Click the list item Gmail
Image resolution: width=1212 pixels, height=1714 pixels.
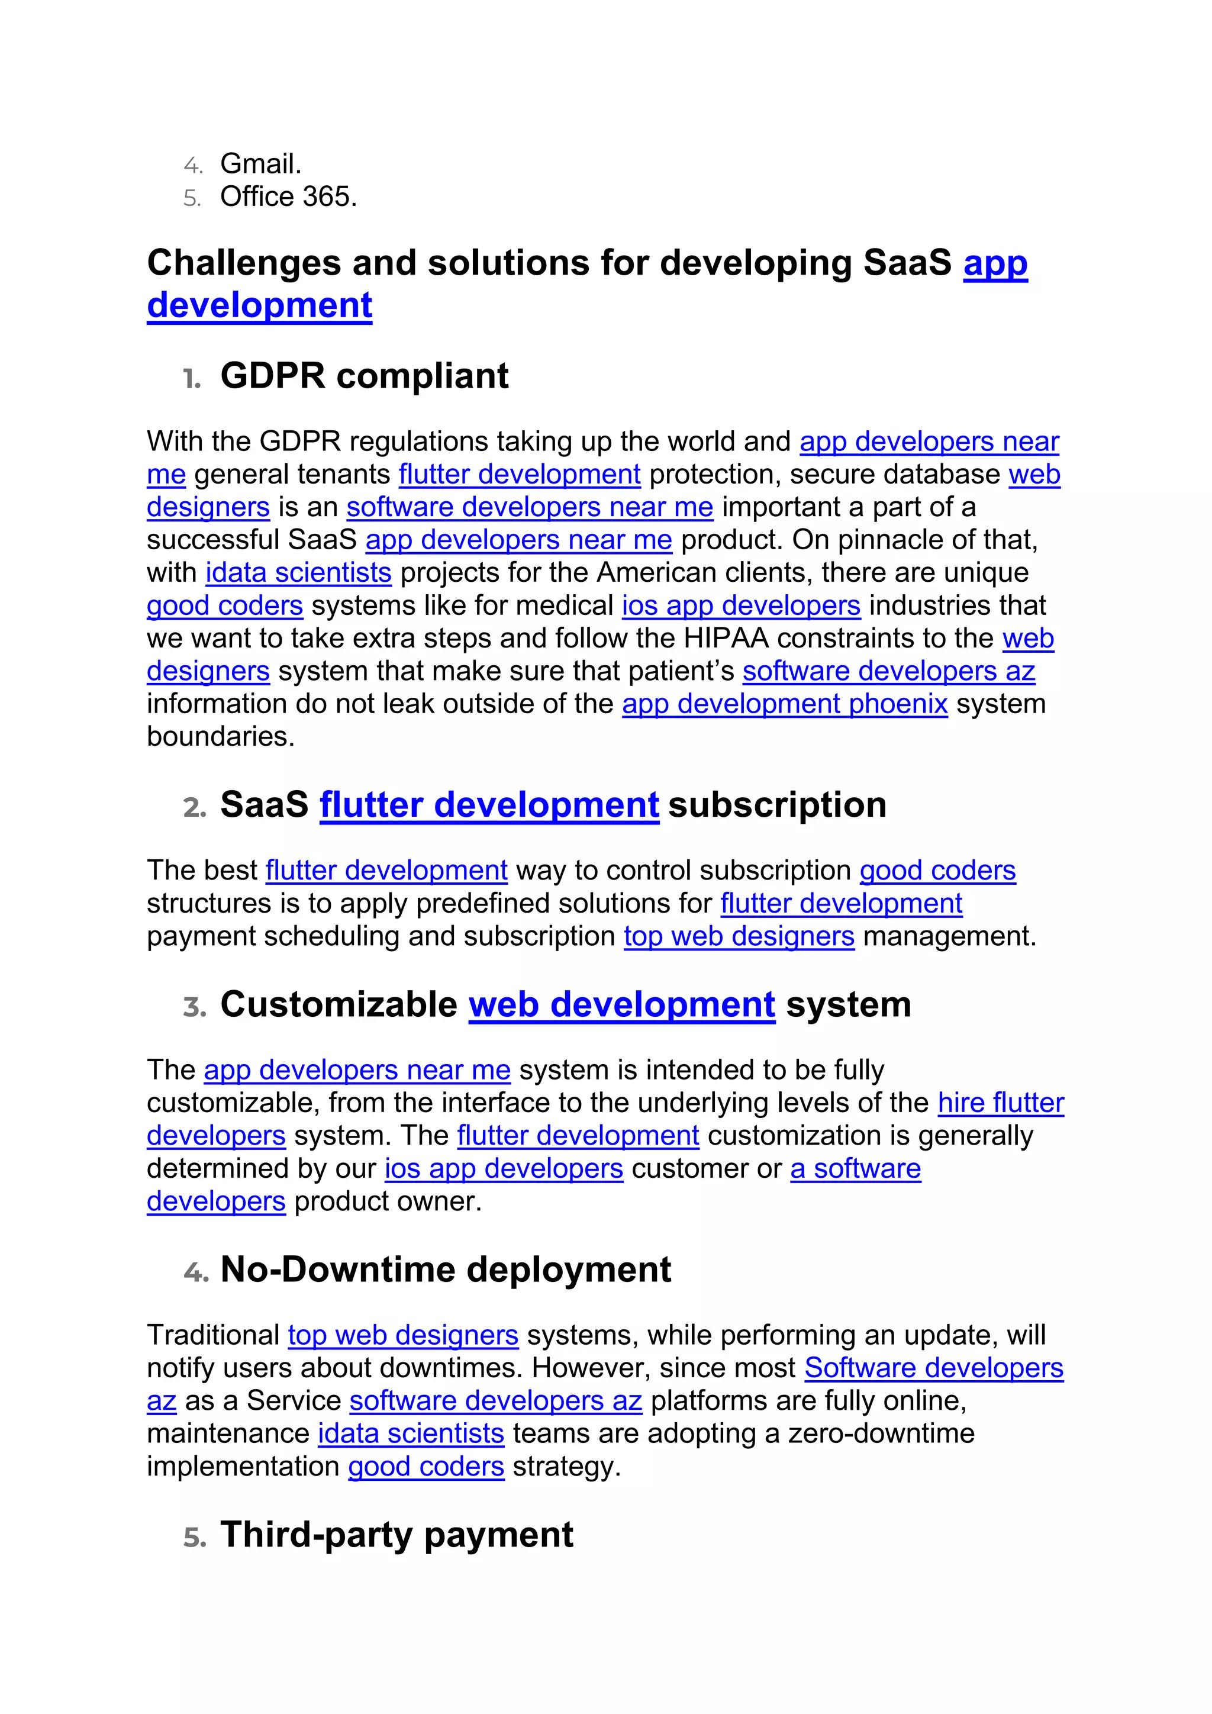click(260, 163)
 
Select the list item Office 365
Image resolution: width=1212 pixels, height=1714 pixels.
click(288, 197)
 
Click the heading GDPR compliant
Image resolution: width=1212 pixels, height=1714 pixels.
click(364, 375)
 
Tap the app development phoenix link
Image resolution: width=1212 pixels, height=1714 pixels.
click(784, 704)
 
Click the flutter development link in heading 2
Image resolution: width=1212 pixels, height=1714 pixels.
click(489, 805)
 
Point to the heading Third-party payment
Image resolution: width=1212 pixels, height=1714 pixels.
click(397, 1535)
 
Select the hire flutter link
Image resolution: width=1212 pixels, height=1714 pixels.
click(1000, 1103)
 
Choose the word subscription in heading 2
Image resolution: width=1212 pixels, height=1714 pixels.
click(777, 805)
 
